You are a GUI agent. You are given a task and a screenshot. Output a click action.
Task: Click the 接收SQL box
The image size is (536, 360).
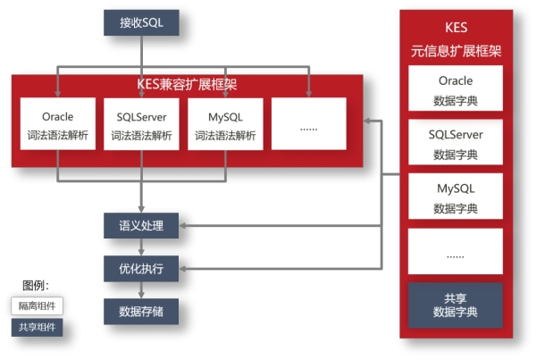click(141, 22)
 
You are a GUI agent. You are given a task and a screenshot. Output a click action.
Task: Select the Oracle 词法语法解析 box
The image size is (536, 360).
click(57, 125)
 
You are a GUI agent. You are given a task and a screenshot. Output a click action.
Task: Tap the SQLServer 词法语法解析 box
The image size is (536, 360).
click(141, 125)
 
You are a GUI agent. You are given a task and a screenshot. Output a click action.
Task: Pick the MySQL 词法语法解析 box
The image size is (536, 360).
click(225, 125)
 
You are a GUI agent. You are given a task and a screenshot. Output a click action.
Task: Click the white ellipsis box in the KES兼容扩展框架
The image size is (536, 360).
click(309, 125)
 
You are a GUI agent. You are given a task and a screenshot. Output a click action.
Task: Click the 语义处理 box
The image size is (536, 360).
click(141, 225)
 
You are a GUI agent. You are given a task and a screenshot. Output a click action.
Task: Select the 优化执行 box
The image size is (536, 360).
click(141, 267)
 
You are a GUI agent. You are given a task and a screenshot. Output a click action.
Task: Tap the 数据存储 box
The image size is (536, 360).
click(141, 311)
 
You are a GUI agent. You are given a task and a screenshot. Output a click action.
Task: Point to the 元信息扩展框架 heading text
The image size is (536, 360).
click(456, 52)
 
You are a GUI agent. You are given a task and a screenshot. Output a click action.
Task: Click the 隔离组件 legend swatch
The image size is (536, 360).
click(37, 306)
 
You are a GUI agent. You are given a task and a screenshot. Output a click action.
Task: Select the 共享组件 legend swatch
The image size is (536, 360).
click(37, 327)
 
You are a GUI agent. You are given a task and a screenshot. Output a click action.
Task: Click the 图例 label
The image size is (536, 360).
click(36, 286)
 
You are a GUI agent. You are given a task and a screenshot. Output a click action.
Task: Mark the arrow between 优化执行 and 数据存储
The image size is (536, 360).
click(141, 289)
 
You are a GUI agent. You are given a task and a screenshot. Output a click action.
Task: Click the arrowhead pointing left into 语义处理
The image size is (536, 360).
click(185, 225)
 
